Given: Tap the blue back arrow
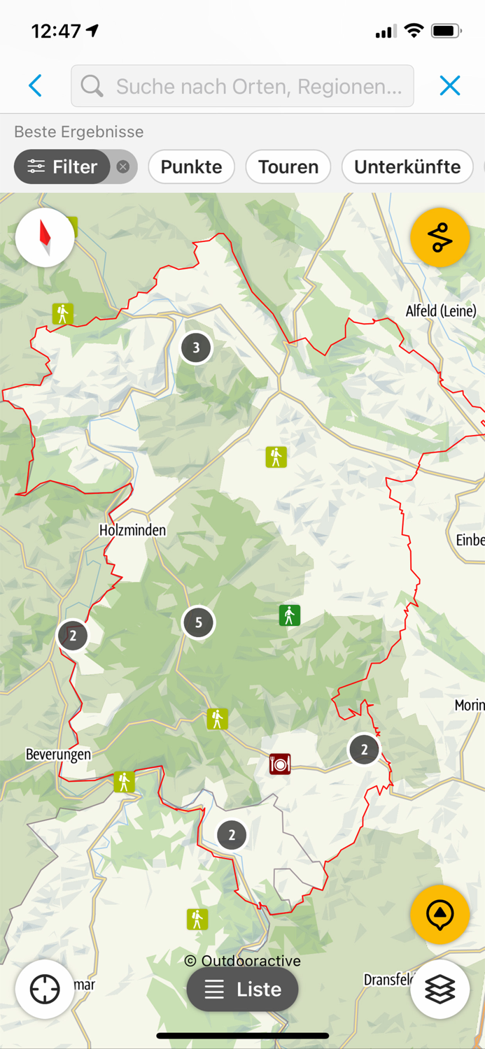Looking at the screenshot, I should point(36,86).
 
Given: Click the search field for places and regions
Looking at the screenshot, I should point(242,86).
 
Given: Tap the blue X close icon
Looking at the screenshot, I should point(450,85).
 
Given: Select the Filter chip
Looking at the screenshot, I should point(62,166).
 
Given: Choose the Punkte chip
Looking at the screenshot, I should point(191,166).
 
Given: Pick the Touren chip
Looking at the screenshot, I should point(288,166).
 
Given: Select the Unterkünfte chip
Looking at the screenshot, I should point(407,166).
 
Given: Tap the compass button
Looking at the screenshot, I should point(45,237).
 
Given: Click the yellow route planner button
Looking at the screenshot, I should point(440,238).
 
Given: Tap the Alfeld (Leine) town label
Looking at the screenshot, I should point(441,311).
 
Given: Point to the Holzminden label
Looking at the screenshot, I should point(132,530).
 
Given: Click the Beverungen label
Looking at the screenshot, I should point(58,755).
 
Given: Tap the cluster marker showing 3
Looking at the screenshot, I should point(196,347).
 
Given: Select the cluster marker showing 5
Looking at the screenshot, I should point(199,622).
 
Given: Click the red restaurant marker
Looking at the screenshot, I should point(280,764).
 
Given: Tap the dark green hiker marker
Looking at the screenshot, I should point(289,615).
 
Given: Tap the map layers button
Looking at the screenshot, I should point(440,989).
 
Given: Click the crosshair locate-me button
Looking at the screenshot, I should point(45,989).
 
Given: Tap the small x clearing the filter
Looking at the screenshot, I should point(123,166).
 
